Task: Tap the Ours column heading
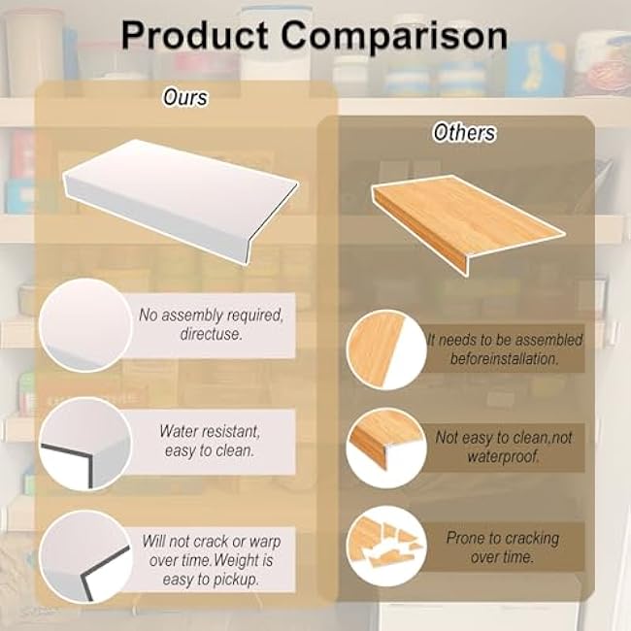pyautogui.click(x=183, y=97)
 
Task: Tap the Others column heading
pyautogui.click(x=465, y=133)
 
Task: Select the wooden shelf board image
pyautogui.click(x=466, y=218)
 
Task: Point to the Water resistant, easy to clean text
pyautogui.click(x=210, y=439)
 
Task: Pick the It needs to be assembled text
pyautogui.click(x=506, y=349)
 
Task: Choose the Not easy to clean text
pyautogui.click(x=503, y=447)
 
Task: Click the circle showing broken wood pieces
pyautogui.click(x=385, y=546)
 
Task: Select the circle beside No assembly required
pyautogui.click(x=85, y=325)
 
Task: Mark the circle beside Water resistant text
pyautogui.click(x=85, y=444)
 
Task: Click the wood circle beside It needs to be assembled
pyautogui.click(x=385, y=349)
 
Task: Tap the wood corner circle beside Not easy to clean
pyautogui.click(x=385, y=448)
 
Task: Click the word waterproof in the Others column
pyautogui.click(x=503, y=456)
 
